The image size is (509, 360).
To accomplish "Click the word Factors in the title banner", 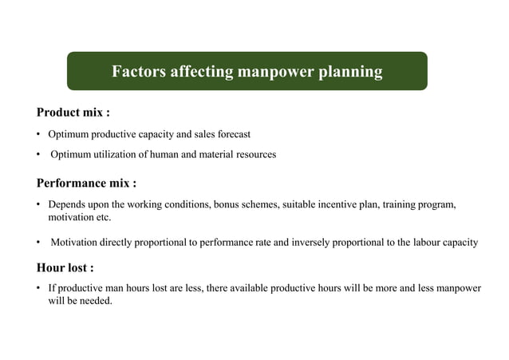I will point(137,72).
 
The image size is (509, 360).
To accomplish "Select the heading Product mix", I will point(73,113).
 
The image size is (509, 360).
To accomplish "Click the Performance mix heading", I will point(86,184).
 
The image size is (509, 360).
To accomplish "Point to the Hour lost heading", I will point(70,267).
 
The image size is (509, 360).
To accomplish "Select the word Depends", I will point(66,204).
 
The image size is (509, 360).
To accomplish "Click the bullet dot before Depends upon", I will point(38,205).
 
